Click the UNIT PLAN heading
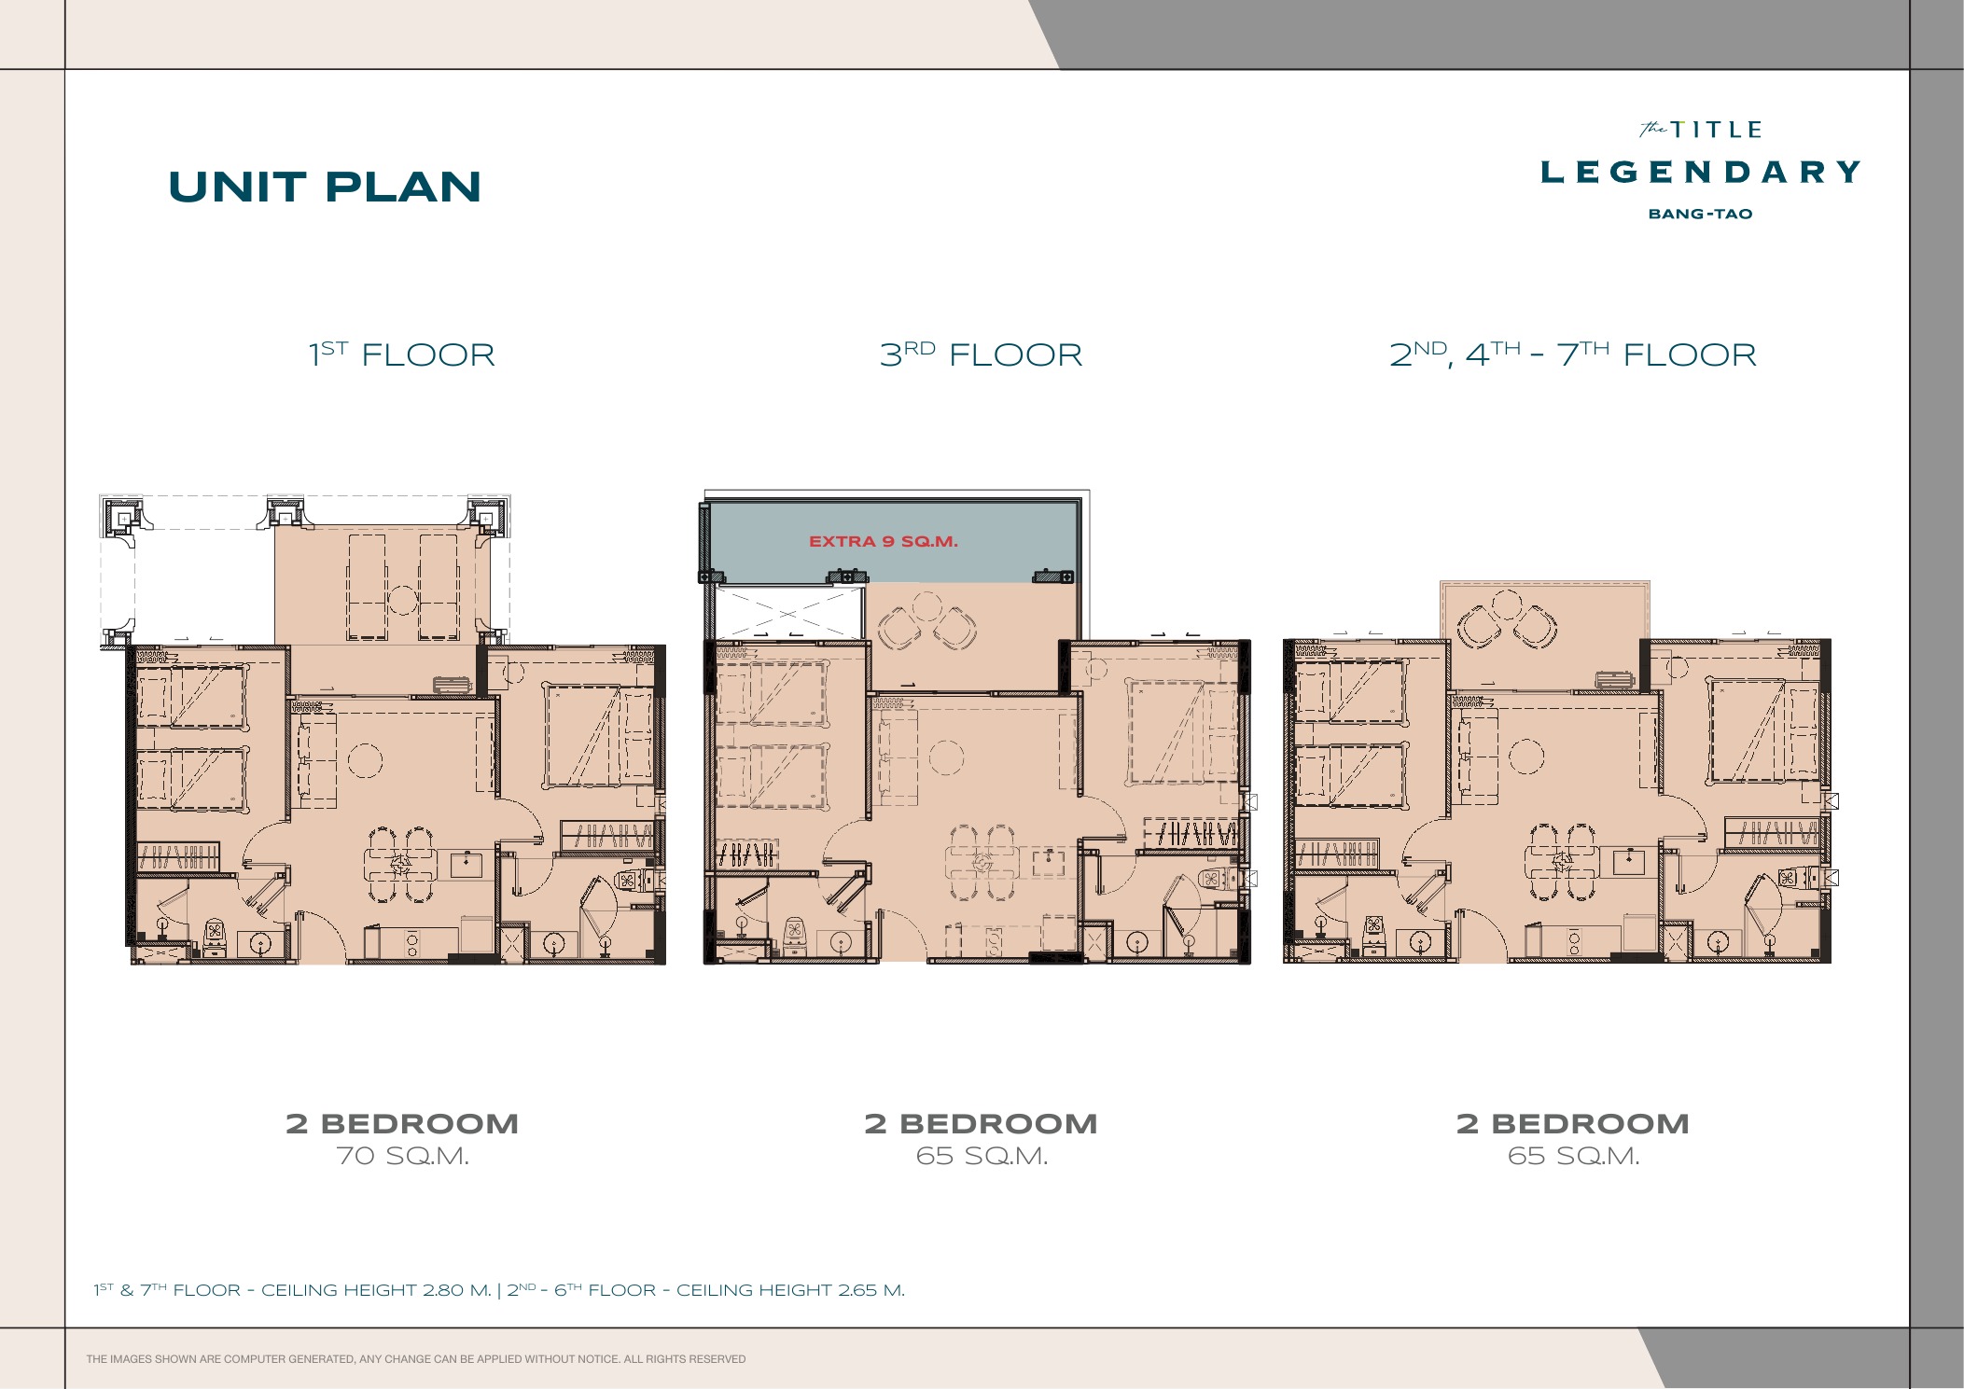click(325, 187)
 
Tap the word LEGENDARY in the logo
click(1700, 173)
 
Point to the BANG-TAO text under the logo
click(1700, 214)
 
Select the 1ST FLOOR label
click(402, 354)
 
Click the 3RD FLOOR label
click(981, 354)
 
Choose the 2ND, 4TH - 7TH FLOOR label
click(1573, 354)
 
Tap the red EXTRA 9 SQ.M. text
click(883, 541)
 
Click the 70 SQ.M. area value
click(402, 1156)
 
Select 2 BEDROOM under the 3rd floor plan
click(981, 1123)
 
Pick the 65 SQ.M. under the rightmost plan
click(1573, 1156)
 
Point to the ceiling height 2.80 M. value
click(456, 1290)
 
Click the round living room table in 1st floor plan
click(365, 760)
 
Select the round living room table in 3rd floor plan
click(946, 757)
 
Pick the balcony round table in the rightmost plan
click(1508, 605)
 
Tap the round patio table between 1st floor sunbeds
click(402, 599)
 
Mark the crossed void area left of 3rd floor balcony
click(789, 613)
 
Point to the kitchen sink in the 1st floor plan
click(466, 863)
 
